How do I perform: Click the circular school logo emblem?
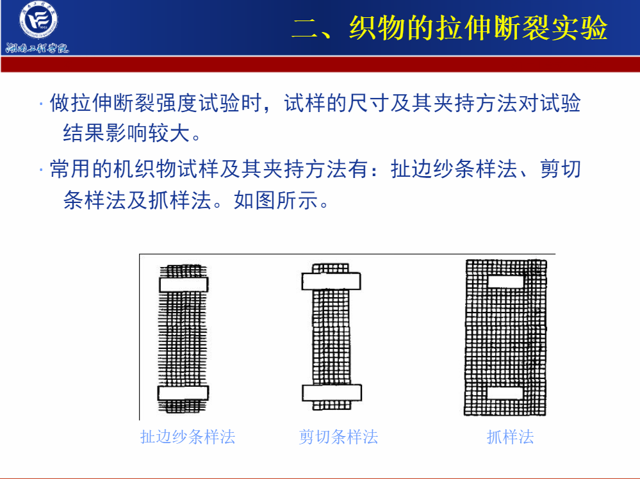pyautogui.click(x=39, y=20)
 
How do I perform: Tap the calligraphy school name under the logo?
pyautogui.click(x=37, y=48)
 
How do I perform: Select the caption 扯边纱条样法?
pyautogui.click(x=188, y=437)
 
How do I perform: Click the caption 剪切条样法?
pyautogui.click(x=338, y=437)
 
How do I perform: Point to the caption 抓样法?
pyautogui.click(x=510, y=437)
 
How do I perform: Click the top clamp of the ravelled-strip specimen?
pyautogui.click(x=184, y=284)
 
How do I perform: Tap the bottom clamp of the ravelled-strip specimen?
pyautogui.click(x=183, y=393)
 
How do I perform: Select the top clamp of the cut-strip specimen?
pyautogui.click(x=331, y=281)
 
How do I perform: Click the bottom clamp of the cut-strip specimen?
pyautogui.click(x=332, y=393)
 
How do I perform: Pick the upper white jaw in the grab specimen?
pyautogui.click(x=505, y=282)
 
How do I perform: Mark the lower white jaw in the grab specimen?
pyautogui.click(x=505, y=393)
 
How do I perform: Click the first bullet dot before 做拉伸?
pyautogui.click(x=41, y=104)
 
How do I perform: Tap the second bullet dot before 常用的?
pyautogui.click(x=41, y=169)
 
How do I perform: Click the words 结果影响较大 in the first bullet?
pyautogui.click(x=127, y=133)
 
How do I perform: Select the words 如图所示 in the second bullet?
pyautogui.click(x=276, y=200)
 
